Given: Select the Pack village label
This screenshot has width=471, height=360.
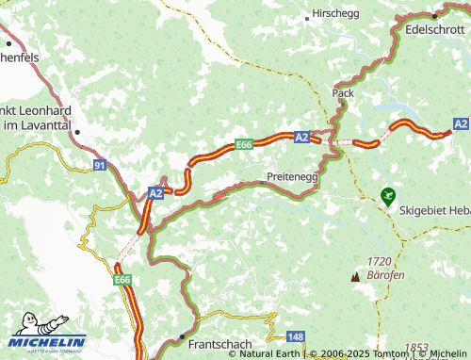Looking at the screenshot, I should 343,93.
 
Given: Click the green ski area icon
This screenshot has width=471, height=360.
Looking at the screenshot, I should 387,196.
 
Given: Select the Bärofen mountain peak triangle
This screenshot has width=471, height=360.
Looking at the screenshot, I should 355,277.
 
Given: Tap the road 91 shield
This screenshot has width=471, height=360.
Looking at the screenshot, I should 99,165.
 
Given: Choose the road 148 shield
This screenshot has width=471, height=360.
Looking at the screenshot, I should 297,336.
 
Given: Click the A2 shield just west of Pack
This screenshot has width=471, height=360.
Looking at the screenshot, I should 301,138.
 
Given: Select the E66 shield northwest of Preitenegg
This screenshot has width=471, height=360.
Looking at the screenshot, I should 244,144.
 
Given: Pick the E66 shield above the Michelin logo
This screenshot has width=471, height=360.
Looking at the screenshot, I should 122,280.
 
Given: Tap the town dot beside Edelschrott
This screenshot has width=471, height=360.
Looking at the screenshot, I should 434,16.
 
